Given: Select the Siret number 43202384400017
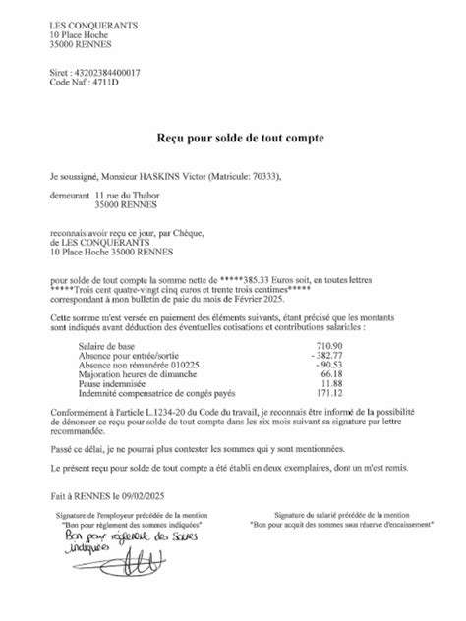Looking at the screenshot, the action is click(113, 73).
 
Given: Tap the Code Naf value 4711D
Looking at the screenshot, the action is click(105, 83).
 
